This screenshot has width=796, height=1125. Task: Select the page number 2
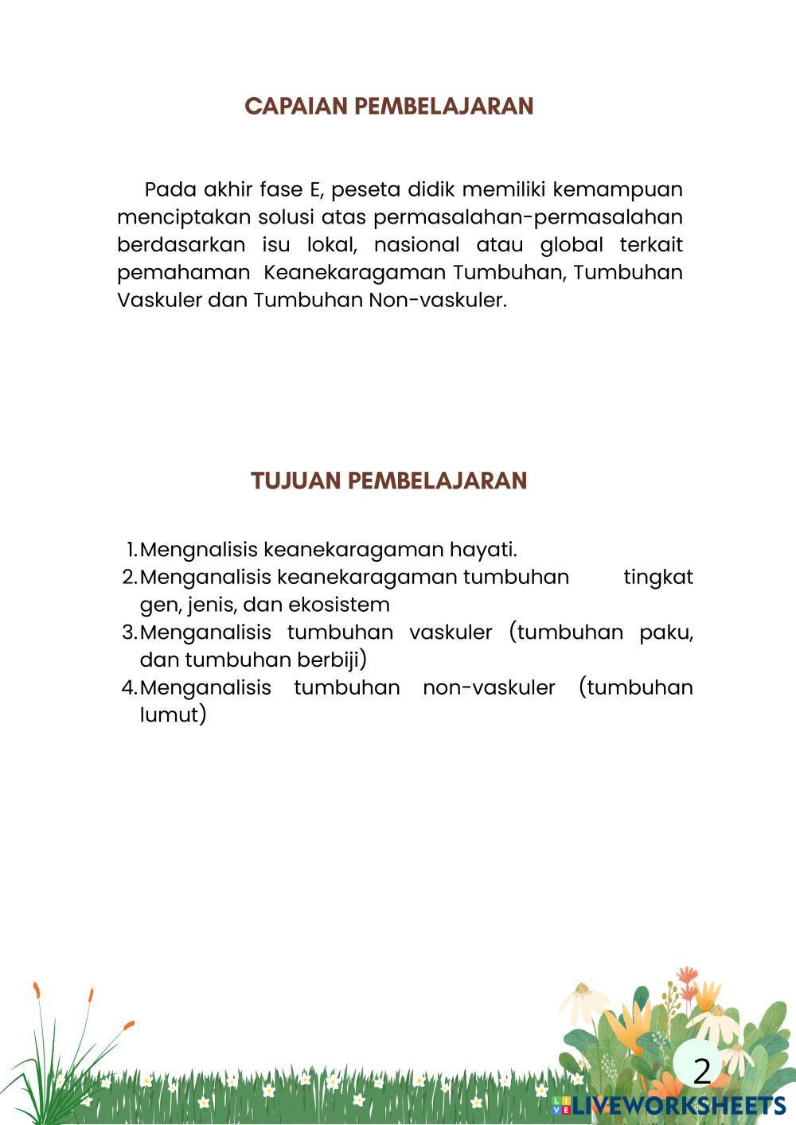(701, 1072)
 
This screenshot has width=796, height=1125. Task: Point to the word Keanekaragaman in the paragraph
(356, 272)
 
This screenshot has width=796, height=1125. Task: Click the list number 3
(129, 633)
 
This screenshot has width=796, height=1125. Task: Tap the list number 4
(129, 687)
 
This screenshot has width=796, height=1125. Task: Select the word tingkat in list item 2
(657, 577)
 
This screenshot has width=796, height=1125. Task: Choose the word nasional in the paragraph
(416, 244)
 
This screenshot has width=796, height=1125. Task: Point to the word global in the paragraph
(572, 244)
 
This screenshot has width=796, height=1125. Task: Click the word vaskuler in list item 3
(451, 633)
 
